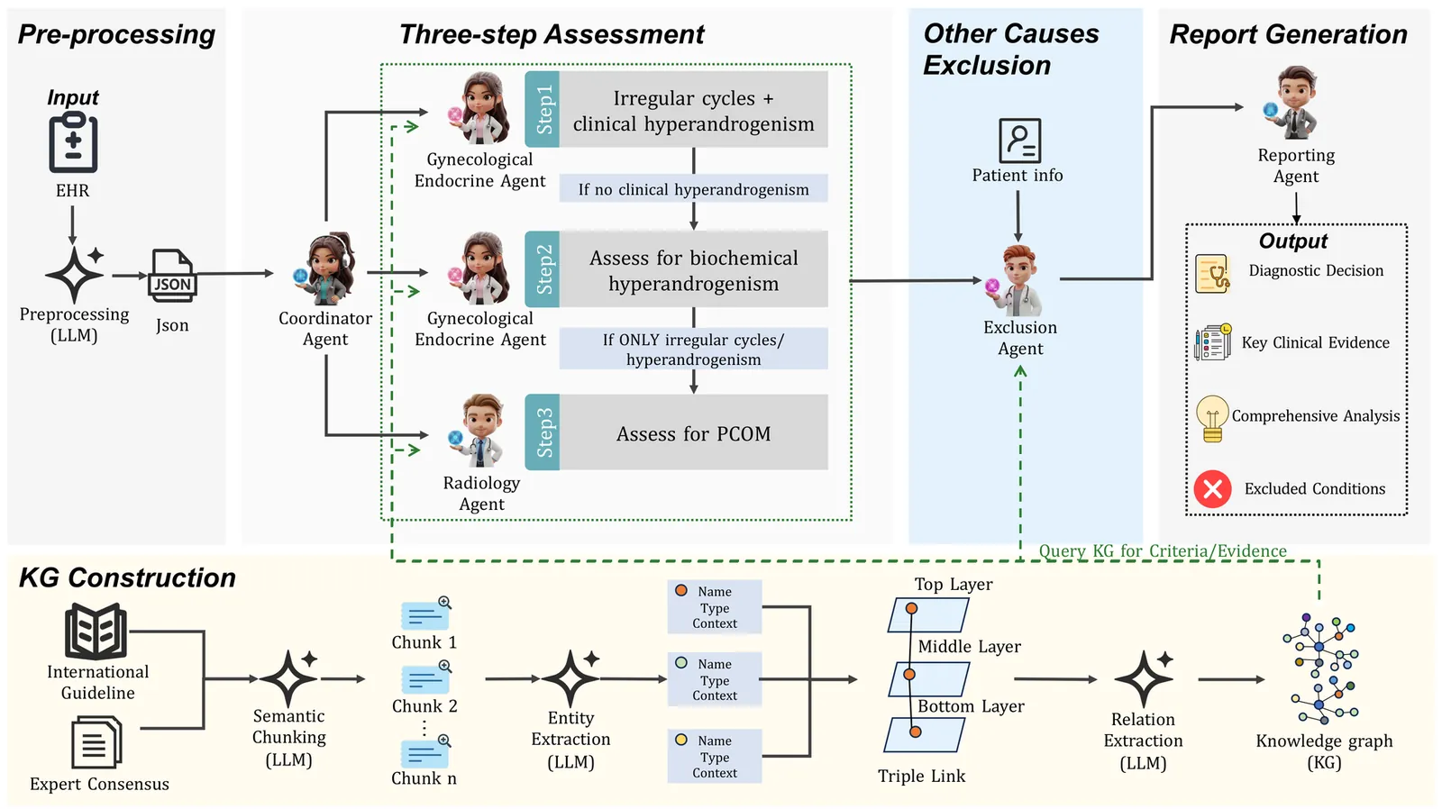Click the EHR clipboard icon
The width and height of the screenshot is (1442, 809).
click(x=73, y=143)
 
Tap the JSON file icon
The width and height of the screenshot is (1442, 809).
click(x=171, y=276)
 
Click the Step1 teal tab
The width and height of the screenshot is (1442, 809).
click(x=543, y=109)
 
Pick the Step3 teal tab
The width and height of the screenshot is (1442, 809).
click(x=543, y=432)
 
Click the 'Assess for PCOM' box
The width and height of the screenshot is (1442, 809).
click(x=693, y=432)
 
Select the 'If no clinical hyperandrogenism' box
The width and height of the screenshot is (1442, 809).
click(x=693, y=189)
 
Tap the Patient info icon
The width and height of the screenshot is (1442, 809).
click(x=1019, y=141)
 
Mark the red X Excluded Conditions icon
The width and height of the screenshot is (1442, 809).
click(x=1212, y=489)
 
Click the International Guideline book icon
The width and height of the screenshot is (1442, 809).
click(x=96, y=632)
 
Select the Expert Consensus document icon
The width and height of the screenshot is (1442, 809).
click(x=96, y=742)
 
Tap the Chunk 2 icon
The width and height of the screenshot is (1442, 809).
click(x=425, y=678)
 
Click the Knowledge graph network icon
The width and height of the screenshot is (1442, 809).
click(x=1321, y=668)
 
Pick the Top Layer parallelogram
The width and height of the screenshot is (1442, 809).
click(x=927, y=615)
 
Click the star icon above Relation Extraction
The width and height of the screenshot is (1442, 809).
click(x=1143, y=678)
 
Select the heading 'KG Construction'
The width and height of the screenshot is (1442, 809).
click(x=127, y=577)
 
